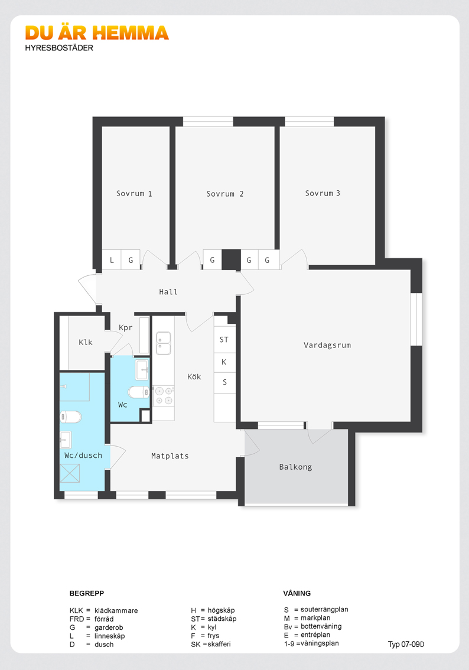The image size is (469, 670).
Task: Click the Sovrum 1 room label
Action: click(x=134, y=194)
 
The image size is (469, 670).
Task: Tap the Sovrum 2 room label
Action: click(x=224, y=194)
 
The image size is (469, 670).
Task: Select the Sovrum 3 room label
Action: click(x=323, y=193)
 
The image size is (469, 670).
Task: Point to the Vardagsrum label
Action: click(x=327, y=345)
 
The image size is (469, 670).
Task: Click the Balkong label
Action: click(x=295, y=467)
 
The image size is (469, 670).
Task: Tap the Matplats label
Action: click(x=170, y=456)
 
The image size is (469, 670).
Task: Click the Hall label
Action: click(x=168, y=292)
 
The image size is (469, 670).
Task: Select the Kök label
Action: click(x=194, y=376)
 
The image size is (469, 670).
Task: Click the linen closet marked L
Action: click(x=112, y=260)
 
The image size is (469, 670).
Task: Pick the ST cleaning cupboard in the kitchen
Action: click(x=224, y=340)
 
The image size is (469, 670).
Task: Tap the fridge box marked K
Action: click(x=224, y=362)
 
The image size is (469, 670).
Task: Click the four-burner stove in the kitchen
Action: click(x=164, y=395)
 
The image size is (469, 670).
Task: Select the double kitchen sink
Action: click(x=164, y=343)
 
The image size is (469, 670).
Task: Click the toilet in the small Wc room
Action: click(x=138, y=392)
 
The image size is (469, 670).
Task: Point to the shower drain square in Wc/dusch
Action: click(x=70, y=473)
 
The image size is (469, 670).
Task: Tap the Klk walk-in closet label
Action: click(x=86, y=342)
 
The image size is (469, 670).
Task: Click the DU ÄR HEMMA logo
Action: click(x=97, y=33)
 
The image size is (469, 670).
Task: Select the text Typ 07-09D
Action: click(x=406, y=645)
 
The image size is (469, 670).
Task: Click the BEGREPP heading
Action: click(x=87, y=593)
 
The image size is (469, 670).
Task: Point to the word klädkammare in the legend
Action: click(x=116, y=610)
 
